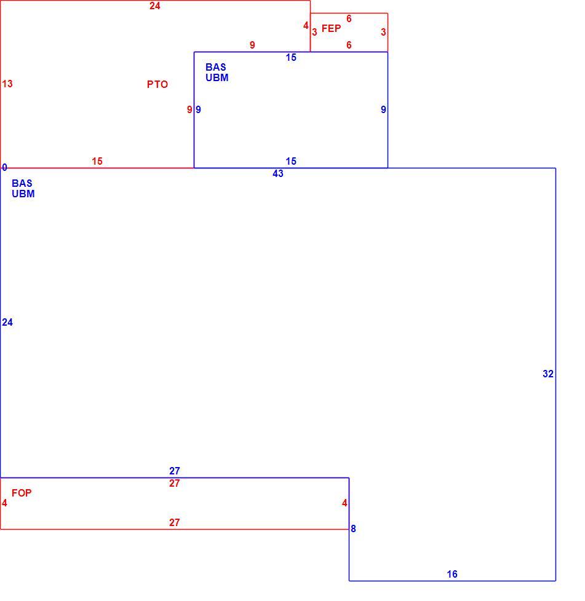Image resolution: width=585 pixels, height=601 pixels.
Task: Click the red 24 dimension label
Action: [x=154, y=6]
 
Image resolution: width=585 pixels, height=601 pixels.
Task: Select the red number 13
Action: [x=7, y=84]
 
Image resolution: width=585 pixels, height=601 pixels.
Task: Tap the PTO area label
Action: [x=157, y=84]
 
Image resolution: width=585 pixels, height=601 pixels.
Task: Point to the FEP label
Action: [x=331, y=28]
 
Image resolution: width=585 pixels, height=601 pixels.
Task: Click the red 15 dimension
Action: [x=97, y=161]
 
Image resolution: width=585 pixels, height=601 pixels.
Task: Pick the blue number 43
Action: [x=277, y=174]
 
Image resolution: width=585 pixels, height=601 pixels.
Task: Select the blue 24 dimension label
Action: [x=7, y=323]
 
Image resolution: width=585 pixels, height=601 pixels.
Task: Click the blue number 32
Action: [x=548, y=374]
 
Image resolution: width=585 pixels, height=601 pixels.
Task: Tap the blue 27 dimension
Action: [x=175, y=471]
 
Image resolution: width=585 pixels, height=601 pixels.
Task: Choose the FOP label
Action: [x=22, y=493]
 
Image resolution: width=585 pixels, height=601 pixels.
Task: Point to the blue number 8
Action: [x=353, y=528]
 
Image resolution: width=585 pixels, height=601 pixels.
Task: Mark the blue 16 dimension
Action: [x=452, y=574]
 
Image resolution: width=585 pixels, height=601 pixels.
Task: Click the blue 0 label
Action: [x=4, y=168]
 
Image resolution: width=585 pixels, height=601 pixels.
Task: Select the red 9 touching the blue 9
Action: [x=189, y=109]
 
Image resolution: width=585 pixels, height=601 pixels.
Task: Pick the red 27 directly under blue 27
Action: [x=175, y=484]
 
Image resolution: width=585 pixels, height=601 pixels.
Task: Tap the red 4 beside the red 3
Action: [x=306, y=26]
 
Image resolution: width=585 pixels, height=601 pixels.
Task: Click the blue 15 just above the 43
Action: [x=291, y=161]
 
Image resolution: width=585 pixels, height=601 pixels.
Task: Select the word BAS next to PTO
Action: [x=215, y=67]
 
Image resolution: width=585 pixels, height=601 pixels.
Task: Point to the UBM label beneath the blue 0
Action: [x=23, y=194]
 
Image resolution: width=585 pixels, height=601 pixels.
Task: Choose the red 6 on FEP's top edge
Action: [x=349, y=19]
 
